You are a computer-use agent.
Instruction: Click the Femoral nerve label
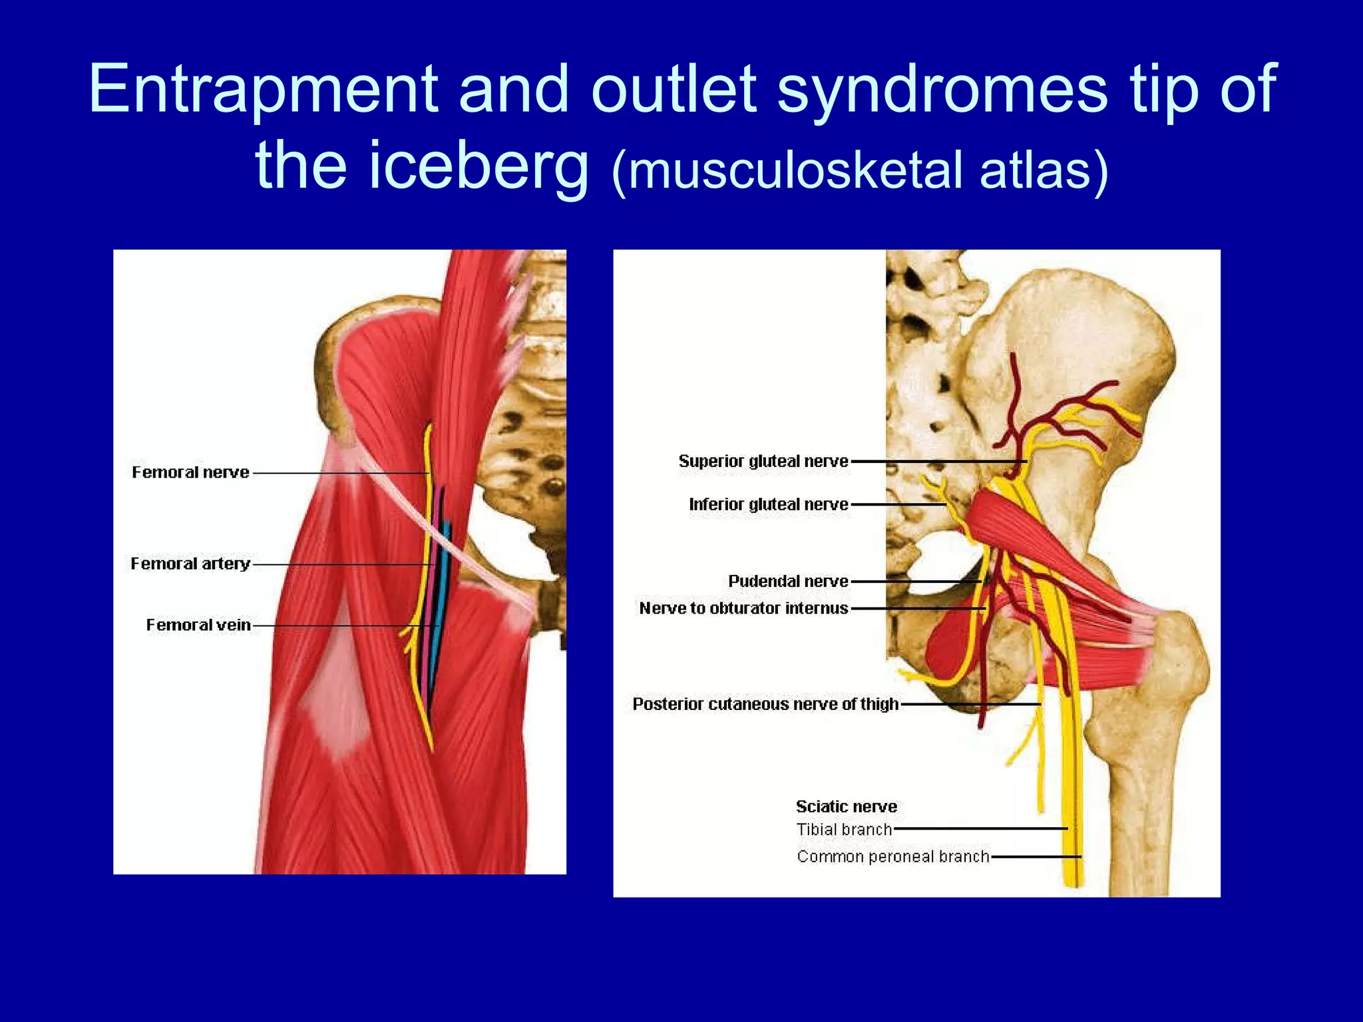click(190, 472)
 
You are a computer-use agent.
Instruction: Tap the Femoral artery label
click(190, 564)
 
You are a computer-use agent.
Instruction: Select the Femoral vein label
click(198, 625)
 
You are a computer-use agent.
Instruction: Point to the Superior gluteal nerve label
click(763, 461)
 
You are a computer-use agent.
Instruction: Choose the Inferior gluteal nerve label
click(769, 504)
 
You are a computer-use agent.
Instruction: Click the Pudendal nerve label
click(788, 581)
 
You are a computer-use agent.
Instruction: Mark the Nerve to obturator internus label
click(743, 608)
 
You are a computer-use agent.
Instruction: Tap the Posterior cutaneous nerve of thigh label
click(765, 704)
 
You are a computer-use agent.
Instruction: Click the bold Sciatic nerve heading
click(847, 806)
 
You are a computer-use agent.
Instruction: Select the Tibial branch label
click(844, 830)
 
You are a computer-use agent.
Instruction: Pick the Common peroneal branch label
click(893, 856)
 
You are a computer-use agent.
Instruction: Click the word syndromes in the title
click(942, 90)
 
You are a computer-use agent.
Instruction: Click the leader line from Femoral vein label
click(333, 626)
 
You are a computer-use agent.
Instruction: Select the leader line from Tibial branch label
click(978, 829)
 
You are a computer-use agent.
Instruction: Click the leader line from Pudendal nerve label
click(915, 582)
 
